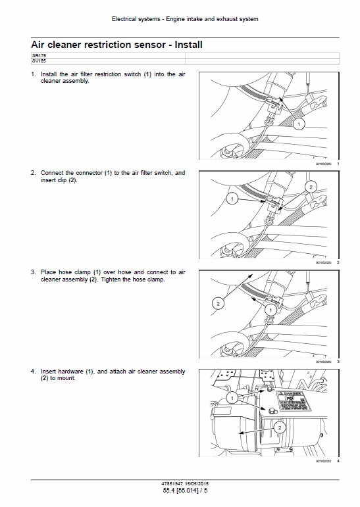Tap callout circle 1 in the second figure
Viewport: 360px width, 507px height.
point(231,197)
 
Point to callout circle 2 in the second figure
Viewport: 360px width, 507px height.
point(309,187)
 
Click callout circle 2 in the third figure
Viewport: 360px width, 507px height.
point(217,303)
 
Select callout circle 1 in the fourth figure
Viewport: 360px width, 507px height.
point(231,397)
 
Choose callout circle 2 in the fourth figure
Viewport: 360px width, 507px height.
point(279,427)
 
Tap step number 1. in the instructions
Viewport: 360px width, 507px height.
point(33,74)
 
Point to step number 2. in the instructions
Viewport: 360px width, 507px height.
point(33,173)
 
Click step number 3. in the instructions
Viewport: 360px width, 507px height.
point(33,272)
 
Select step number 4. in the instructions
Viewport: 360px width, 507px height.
point(33,372)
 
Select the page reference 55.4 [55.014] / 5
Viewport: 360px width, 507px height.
point(179,491)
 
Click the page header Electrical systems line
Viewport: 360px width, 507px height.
point(180,19)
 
